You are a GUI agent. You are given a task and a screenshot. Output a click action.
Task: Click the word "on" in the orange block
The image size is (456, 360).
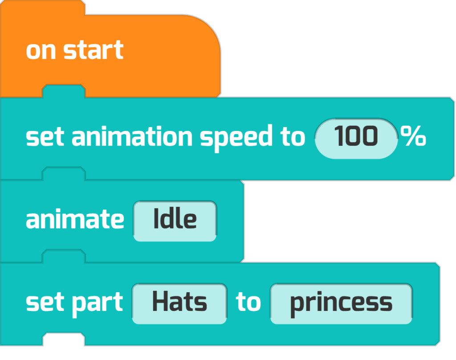(x=41, y=51)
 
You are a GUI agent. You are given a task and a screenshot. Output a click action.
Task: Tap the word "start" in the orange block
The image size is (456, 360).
(x=94, y=50)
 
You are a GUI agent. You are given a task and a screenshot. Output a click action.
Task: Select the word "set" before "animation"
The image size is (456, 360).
(x=45, y=136)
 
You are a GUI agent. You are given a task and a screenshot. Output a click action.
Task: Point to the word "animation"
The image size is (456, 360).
(x=132, y=135)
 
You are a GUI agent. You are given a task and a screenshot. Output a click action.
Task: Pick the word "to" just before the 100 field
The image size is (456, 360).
(x=292, y=136)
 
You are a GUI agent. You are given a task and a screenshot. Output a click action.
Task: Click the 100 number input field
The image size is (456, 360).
(x=356, y=139)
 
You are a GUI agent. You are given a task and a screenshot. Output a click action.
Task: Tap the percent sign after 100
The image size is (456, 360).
(x=413, y=135)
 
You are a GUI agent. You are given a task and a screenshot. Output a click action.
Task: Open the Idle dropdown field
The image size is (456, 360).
(x=175, y=221)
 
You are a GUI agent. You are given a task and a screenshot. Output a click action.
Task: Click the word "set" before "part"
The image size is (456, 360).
(x=45, y=302)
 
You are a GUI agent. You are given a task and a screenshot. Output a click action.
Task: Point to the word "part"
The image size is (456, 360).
(x=97, y=304)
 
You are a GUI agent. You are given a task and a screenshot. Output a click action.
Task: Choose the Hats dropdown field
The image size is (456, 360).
(x=179, y=304)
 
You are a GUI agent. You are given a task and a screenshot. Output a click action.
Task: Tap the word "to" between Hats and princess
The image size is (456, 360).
(x=248, y=302)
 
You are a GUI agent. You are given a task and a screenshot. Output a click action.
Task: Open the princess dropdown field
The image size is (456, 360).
(x=341, y=304)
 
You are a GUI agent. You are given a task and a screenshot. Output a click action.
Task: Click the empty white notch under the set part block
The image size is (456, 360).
(x=64, y=339)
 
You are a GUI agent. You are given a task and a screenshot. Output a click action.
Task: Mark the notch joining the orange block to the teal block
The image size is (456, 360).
(x=64, y=91)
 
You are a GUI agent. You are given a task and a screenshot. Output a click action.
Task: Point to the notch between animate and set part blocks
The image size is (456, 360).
(x=64, y=256)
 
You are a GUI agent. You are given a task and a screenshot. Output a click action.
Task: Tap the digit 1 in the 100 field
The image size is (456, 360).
(x=338, y=136)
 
